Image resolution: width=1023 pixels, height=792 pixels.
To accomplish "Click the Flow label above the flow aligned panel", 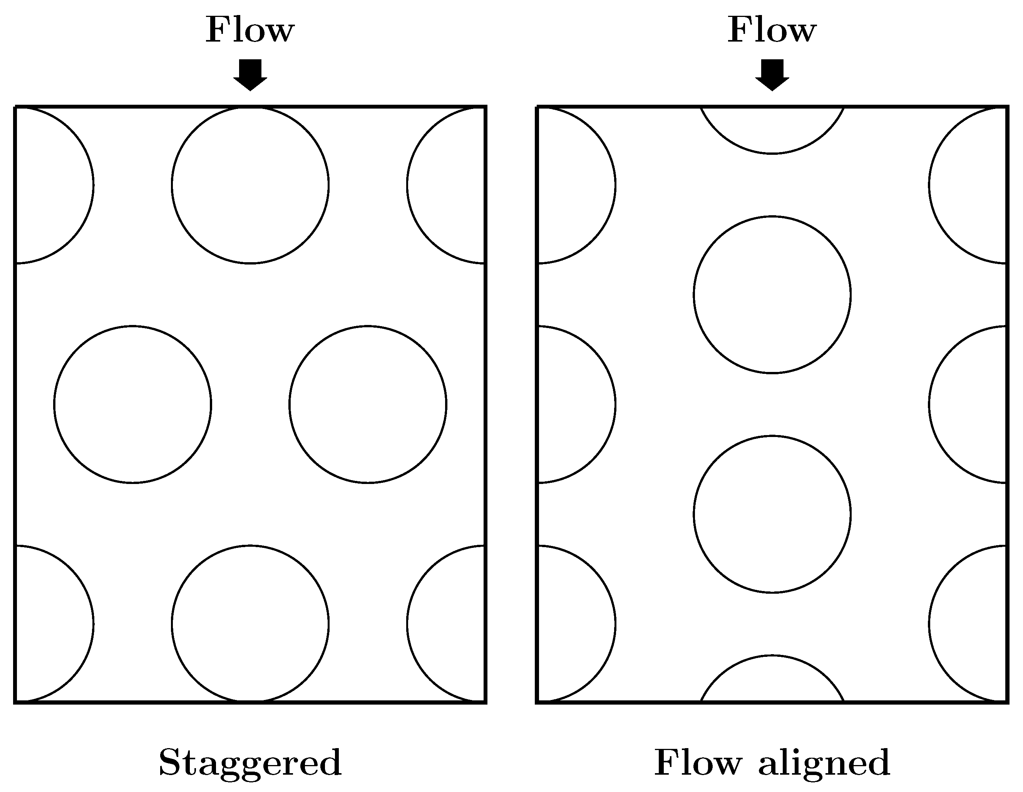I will coord(772,30).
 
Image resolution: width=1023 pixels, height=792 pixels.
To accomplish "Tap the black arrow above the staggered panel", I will coord(250,74).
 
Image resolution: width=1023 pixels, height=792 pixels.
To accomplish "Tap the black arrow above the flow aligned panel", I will coord(772,74).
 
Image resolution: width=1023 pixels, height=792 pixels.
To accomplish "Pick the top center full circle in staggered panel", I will coord(250,186).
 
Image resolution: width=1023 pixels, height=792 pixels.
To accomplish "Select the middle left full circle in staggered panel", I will coord(132,404).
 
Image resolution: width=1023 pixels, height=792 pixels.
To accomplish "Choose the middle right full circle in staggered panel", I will coord(368,404).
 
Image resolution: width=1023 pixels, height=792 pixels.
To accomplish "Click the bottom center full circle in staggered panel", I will coord(250,623).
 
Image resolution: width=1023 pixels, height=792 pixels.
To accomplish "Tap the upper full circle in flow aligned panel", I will coord(772,295).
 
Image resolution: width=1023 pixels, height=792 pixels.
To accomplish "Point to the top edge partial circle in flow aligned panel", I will coord(772,129).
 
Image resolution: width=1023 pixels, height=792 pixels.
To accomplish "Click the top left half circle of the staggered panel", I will coord(52,186).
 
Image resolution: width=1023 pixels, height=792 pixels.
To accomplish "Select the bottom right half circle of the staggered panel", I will coord(447,623).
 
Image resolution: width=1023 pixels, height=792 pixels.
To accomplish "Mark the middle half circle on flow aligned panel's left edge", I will coord(574,404).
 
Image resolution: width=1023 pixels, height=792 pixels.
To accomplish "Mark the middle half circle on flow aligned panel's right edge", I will coord(969,404).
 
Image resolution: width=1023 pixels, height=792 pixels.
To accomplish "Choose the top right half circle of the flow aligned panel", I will coord(969,186).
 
